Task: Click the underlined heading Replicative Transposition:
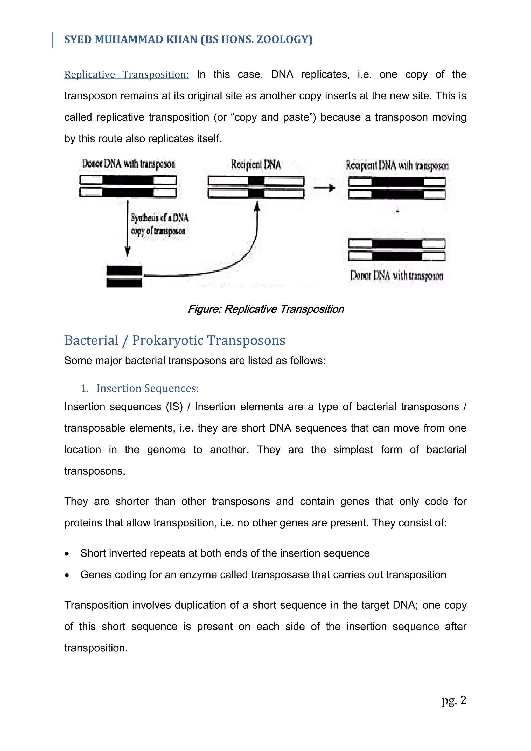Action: coord(127,75)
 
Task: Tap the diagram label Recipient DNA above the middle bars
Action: coord(256,164)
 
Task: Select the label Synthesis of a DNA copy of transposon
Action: coord(159,224)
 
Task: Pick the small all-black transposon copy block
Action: coord(124,277)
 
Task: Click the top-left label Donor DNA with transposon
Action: coord(129,164)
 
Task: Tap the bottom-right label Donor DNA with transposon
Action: coord(397,275)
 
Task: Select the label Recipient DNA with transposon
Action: coord(397,165)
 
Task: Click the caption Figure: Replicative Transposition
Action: coord(265,309)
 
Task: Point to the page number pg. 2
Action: coord(453,700)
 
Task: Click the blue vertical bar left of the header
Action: coord(53,40)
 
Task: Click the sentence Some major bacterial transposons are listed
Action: coord(195,360)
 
